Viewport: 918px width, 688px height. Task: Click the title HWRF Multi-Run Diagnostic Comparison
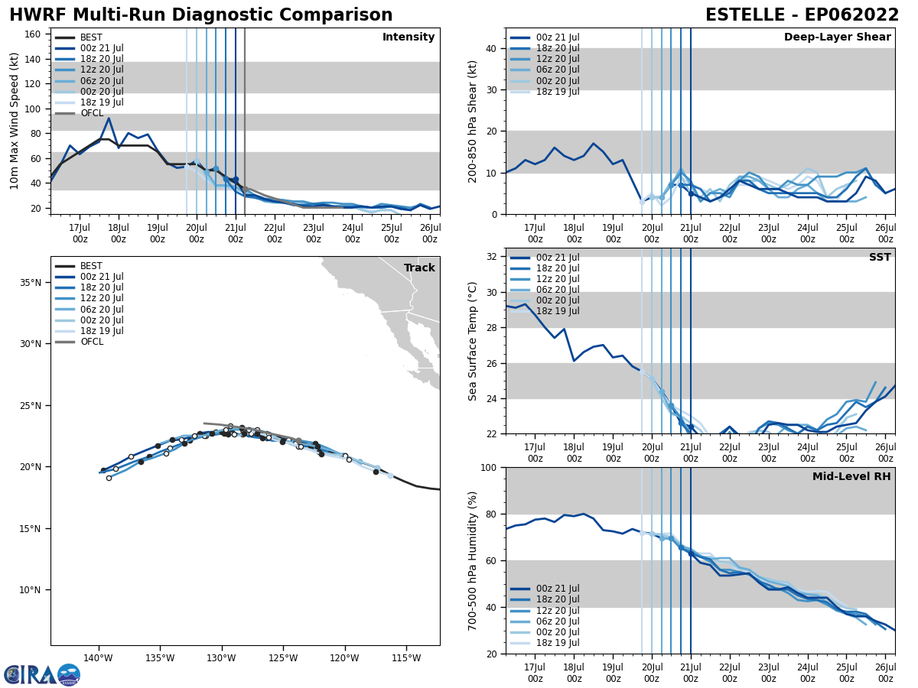[200, 15]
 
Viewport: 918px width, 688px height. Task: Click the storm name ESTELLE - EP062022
[802, 15]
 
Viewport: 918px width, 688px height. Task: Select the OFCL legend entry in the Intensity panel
[92, 113]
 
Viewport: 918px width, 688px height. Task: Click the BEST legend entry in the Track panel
[91, 266]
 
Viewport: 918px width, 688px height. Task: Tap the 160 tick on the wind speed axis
[35, 34]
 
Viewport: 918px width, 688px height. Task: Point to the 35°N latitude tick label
[30, 283]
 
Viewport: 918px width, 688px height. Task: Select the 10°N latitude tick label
[30, 590]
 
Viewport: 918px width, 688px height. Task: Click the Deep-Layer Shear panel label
[837, 37]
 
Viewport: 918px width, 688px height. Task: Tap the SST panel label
[880, 258]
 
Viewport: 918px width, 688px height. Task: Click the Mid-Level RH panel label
[851, 477]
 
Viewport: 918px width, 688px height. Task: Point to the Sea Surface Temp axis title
[473, 341]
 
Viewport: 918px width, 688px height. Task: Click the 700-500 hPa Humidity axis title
[473, 560]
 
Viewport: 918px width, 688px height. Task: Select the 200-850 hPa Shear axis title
[473, 121]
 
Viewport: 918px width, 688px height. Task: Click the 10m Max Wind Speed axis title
[14, 121]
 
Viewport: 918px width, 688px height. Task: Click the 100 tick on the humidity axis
[487, 467]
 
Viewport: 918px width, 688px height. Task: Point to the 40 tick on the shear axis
[490, 48]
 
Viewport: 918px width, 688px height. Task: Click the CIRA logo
[42, 674]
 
